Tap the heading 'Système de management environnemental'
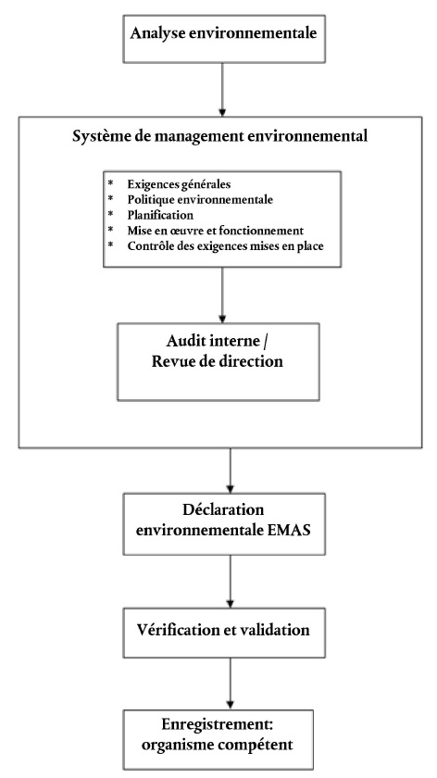click(x=220, y=136)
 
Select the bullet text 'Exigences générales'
click(x=179, y=184)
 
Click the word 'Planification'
click(x=160, y=215)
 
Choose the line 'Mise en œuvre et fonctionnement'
click(x=215, y=231)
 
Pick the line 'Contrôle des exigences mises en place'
click(x=225, y=246)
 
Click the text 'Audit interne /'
click(x=218, y=341)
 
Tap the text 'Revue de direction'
click(x=218, y=360)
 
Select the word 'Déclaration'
click(x=223, y=509)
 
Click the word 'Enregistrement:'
click(x=218, y=724)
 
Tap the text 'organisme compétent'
click(x=217, y=745)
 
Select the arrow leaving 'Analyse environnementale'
click(x=222, y=90)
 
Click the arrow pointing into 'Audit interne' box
click(x=222, y=295)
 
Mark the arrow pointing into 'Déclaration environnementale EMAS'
click(x=230, y=471)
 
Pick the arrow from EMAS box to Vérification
click(x=230, y=581)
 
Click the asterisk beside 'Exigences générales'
click(x=110, y=183)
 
